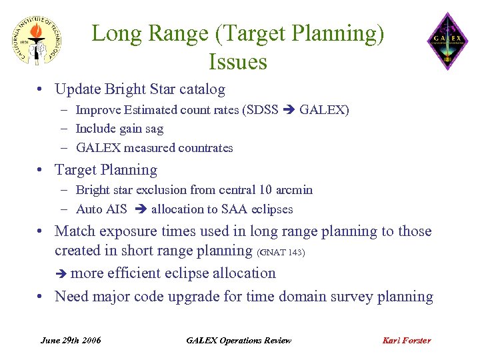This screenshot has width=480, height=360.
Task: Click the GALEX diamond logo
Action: (x=447, y=41)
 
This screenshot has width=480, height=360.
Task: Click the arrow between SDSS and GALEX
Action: (x=289, y=110)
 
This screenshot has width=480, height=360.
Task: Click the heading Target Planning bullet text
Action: (x=106, y=170)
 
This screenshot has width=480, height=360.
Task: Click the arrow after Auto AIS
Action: (x=140, y=209)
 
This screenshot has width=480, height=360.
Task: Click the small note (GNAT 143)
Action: (x=281, y=252)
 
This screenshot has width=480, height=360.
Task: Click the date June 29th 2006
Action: (x=71, y=340)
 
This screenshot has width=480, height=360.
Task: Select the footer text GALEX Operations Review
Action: (x=239, y=340)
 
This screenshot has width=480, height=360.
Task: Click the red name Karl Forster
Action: (x=406, y=340)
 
